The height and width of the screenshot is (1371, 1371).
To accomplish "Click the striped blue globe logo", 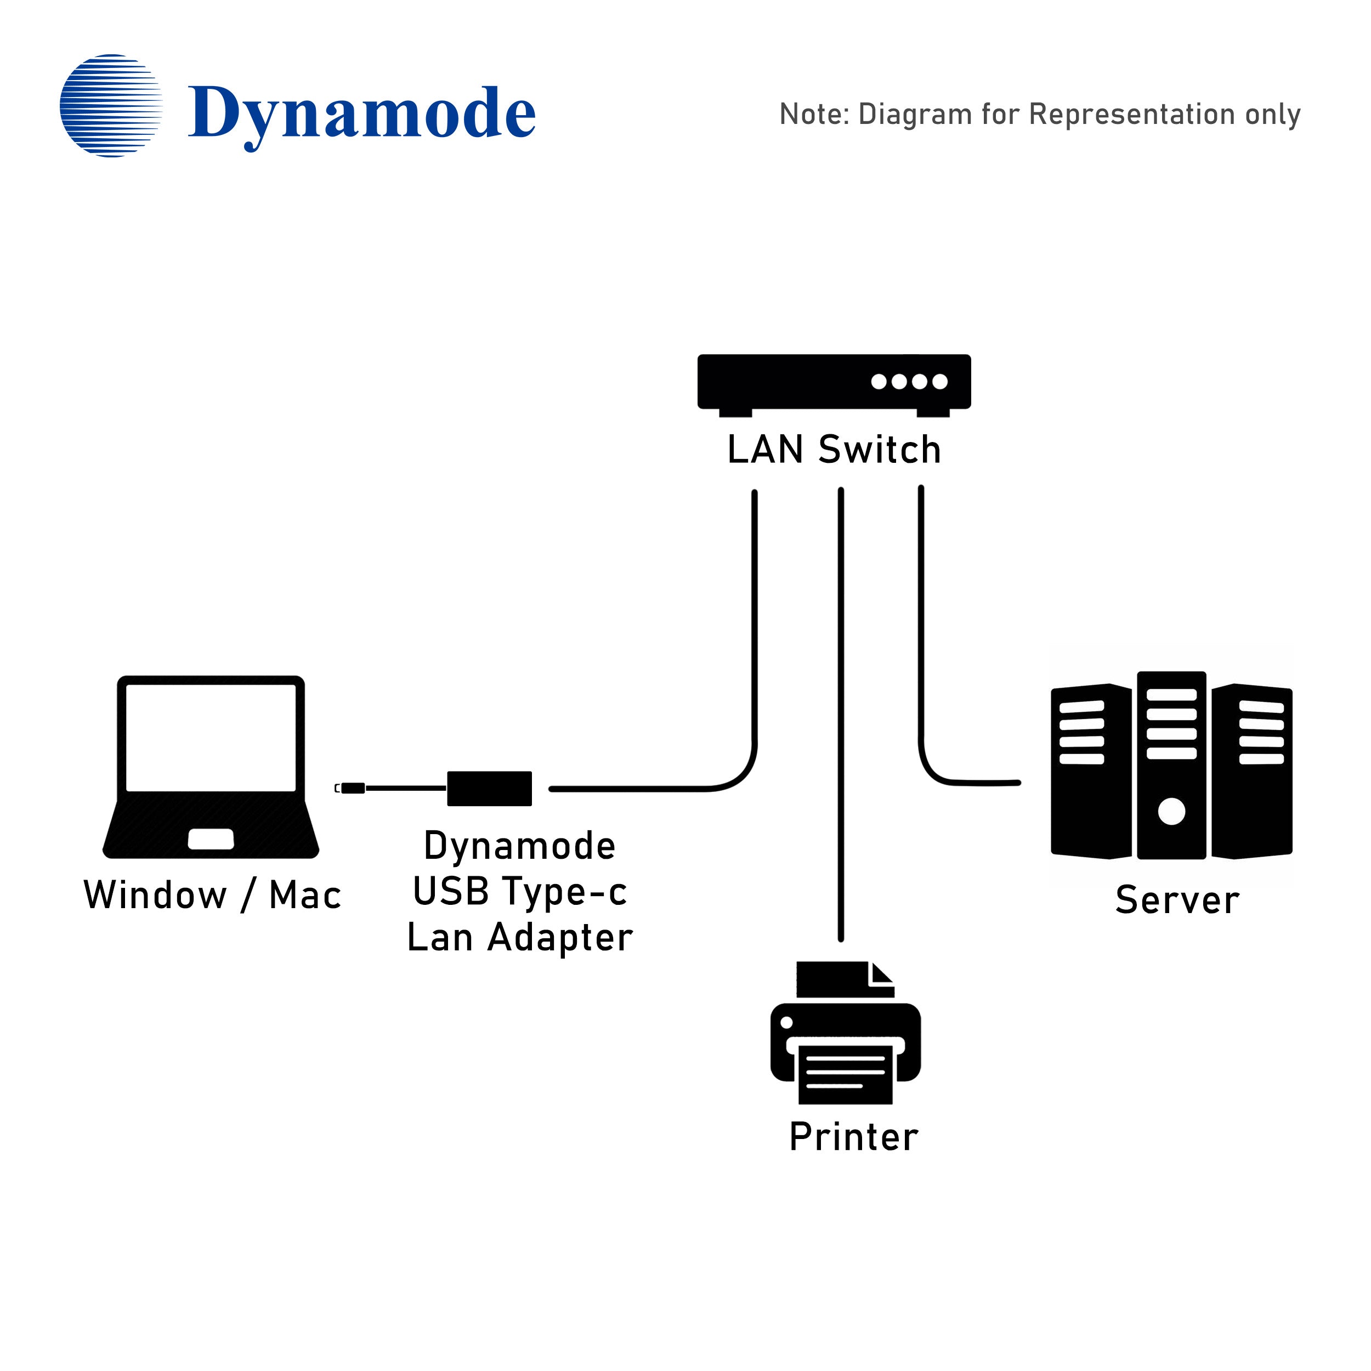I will tap(111, 106).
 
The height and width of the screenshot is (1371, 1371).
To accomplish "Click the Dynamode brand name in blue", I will tap(361, 114).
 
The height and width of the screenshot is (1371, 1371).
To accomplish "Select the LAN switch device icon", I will tap(833, 383).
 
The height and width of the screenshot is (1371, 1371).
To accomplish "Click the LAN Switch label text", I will tap(834, 450).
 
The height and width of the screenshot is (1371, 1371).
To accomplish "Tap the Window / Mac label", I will tap(212, 895).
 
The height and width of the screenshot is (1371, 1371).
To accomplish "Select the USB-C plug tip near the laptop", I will tap(352, 788).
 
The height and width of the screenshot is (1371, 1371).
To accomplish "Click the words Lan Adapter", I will tap(519, 937).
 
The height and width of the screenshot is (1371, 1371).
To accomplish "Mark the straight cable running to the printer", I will tap(841, 710).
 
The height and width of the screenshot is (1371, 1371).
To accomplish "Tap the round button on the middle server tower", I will tap(1171, 811).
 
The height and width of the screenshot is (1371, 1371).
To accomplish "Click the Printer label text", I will tap(854, 1137).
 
